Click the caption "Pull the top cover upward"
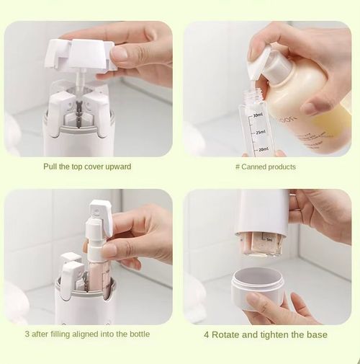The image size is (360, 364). point(87,167)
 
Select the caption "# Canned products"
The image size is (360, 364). point(266,167)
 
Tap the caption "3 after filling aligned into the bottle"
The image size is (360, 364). point(88,334)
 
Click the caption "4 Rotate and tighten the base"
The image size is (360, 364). point(266,334)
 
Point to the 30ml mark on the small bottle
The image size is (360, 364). point(258,115)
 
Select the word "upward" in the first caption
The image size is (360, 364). point(117,167)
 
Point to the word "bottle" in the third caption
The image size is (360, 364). point(139,334)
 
